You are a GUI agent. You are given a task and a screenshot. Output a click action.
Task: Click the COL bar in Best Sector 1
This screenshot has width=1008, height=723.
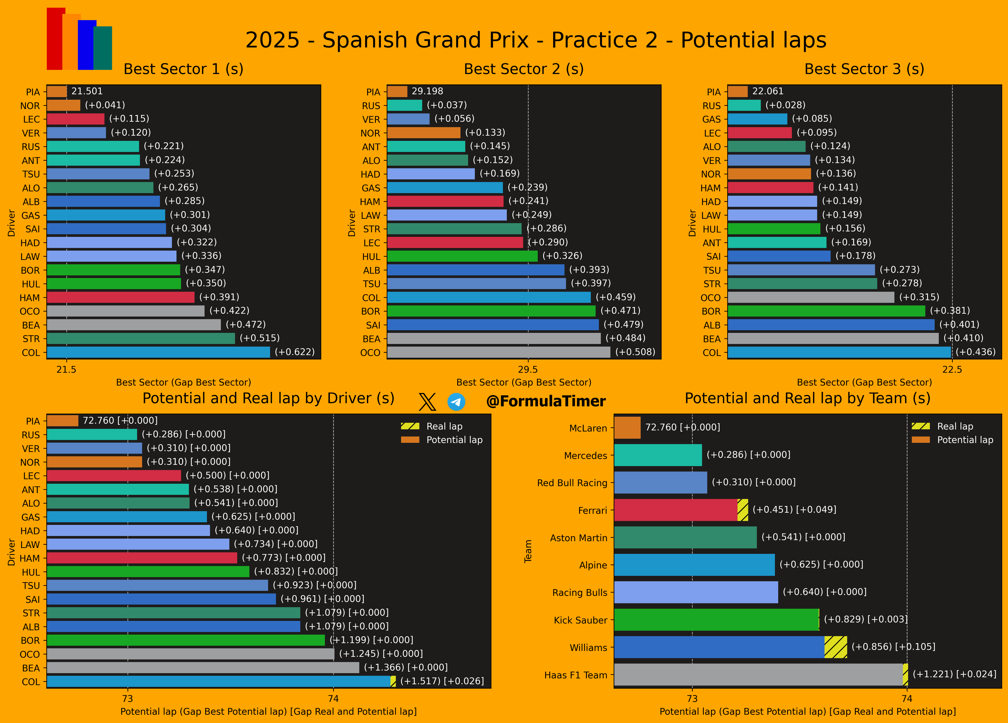(158, 352)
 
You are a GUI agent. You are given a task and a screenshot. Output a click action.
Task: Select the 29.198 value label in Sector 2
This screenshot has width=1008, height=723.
(427, 91)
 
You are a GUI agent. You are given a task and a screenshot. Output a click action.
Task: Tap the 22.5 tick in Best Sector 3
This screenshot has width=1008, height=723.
(952, 370)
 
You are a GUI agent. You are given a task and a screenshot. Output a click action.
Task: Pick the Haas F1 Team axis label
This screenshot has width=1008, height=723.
(576, 675)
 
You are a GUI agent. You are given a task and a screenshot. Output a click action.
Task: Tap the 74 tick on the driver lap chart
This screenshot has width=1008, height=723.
(333, 699)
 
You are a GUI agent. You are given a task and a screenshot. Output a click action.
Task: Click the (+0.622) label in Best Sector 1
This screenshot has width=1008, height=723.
(295, 352)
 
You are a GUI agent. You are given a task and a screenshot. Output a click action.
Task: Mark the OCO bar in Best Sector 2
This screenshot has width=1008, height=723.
(499, 352)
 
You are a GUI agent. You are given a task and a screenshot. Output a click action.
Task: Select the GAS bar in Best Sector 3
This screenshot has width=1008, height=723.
(757, 119)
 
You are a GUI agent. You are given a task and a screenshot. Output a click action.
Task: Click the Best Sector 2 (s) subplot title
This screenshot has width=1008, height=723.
(523, 69)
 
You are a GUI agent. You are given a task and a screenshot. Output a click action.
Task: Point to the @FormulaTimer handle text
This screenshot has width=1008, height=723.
(546, 402)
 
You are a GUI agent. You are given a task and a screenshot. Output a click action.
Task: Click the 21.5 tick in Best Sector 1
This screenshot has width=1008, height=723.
(66, 370)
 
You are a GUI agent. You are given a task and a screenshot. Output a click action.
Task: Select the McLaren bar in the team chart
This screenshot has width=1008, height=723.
(627, 428)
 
